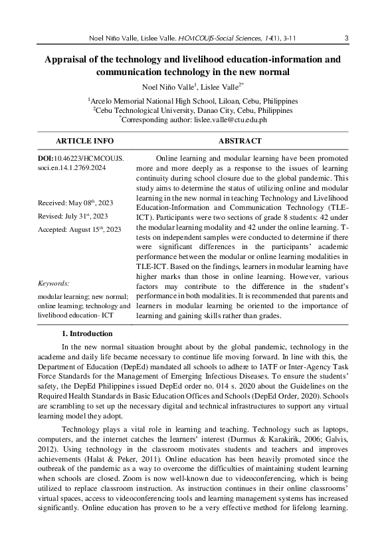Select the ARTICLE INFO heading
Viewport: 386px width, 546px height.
point(84,141)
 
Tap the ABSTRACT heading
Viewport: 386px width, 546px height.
point(240,141)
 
